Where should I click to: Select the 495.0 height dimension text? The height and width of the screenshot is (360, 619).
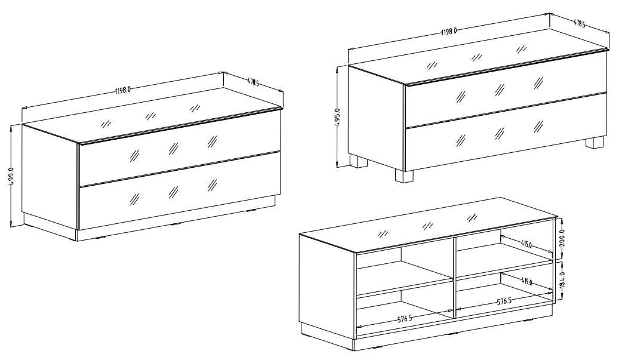337,117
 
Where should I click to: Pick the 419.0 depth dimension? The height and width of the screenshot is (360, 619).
526,281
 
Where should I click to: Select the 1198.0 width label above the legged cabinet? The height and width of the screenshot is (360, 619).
449,31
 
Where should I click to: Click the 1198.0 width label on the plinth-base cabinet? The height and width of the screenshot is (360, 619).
123,90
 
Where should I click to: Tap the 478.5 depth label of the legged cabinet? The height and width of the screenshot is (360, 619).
579,24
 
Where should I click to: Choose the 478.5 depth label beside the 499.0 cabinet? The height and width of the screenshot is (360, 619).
253,82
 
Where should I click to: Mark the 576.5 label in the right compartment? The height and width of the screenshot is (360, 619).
504,301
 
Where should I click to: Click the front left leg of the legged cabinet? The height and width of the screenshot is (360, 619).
404,176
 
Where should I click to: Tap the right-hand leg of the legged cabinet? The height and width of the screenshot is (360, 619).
595,143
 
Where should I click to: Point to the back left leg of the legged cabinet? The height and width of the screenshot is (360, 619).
359,161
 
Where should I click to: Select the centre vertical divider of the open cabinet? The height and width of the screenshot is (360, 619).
454,277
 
